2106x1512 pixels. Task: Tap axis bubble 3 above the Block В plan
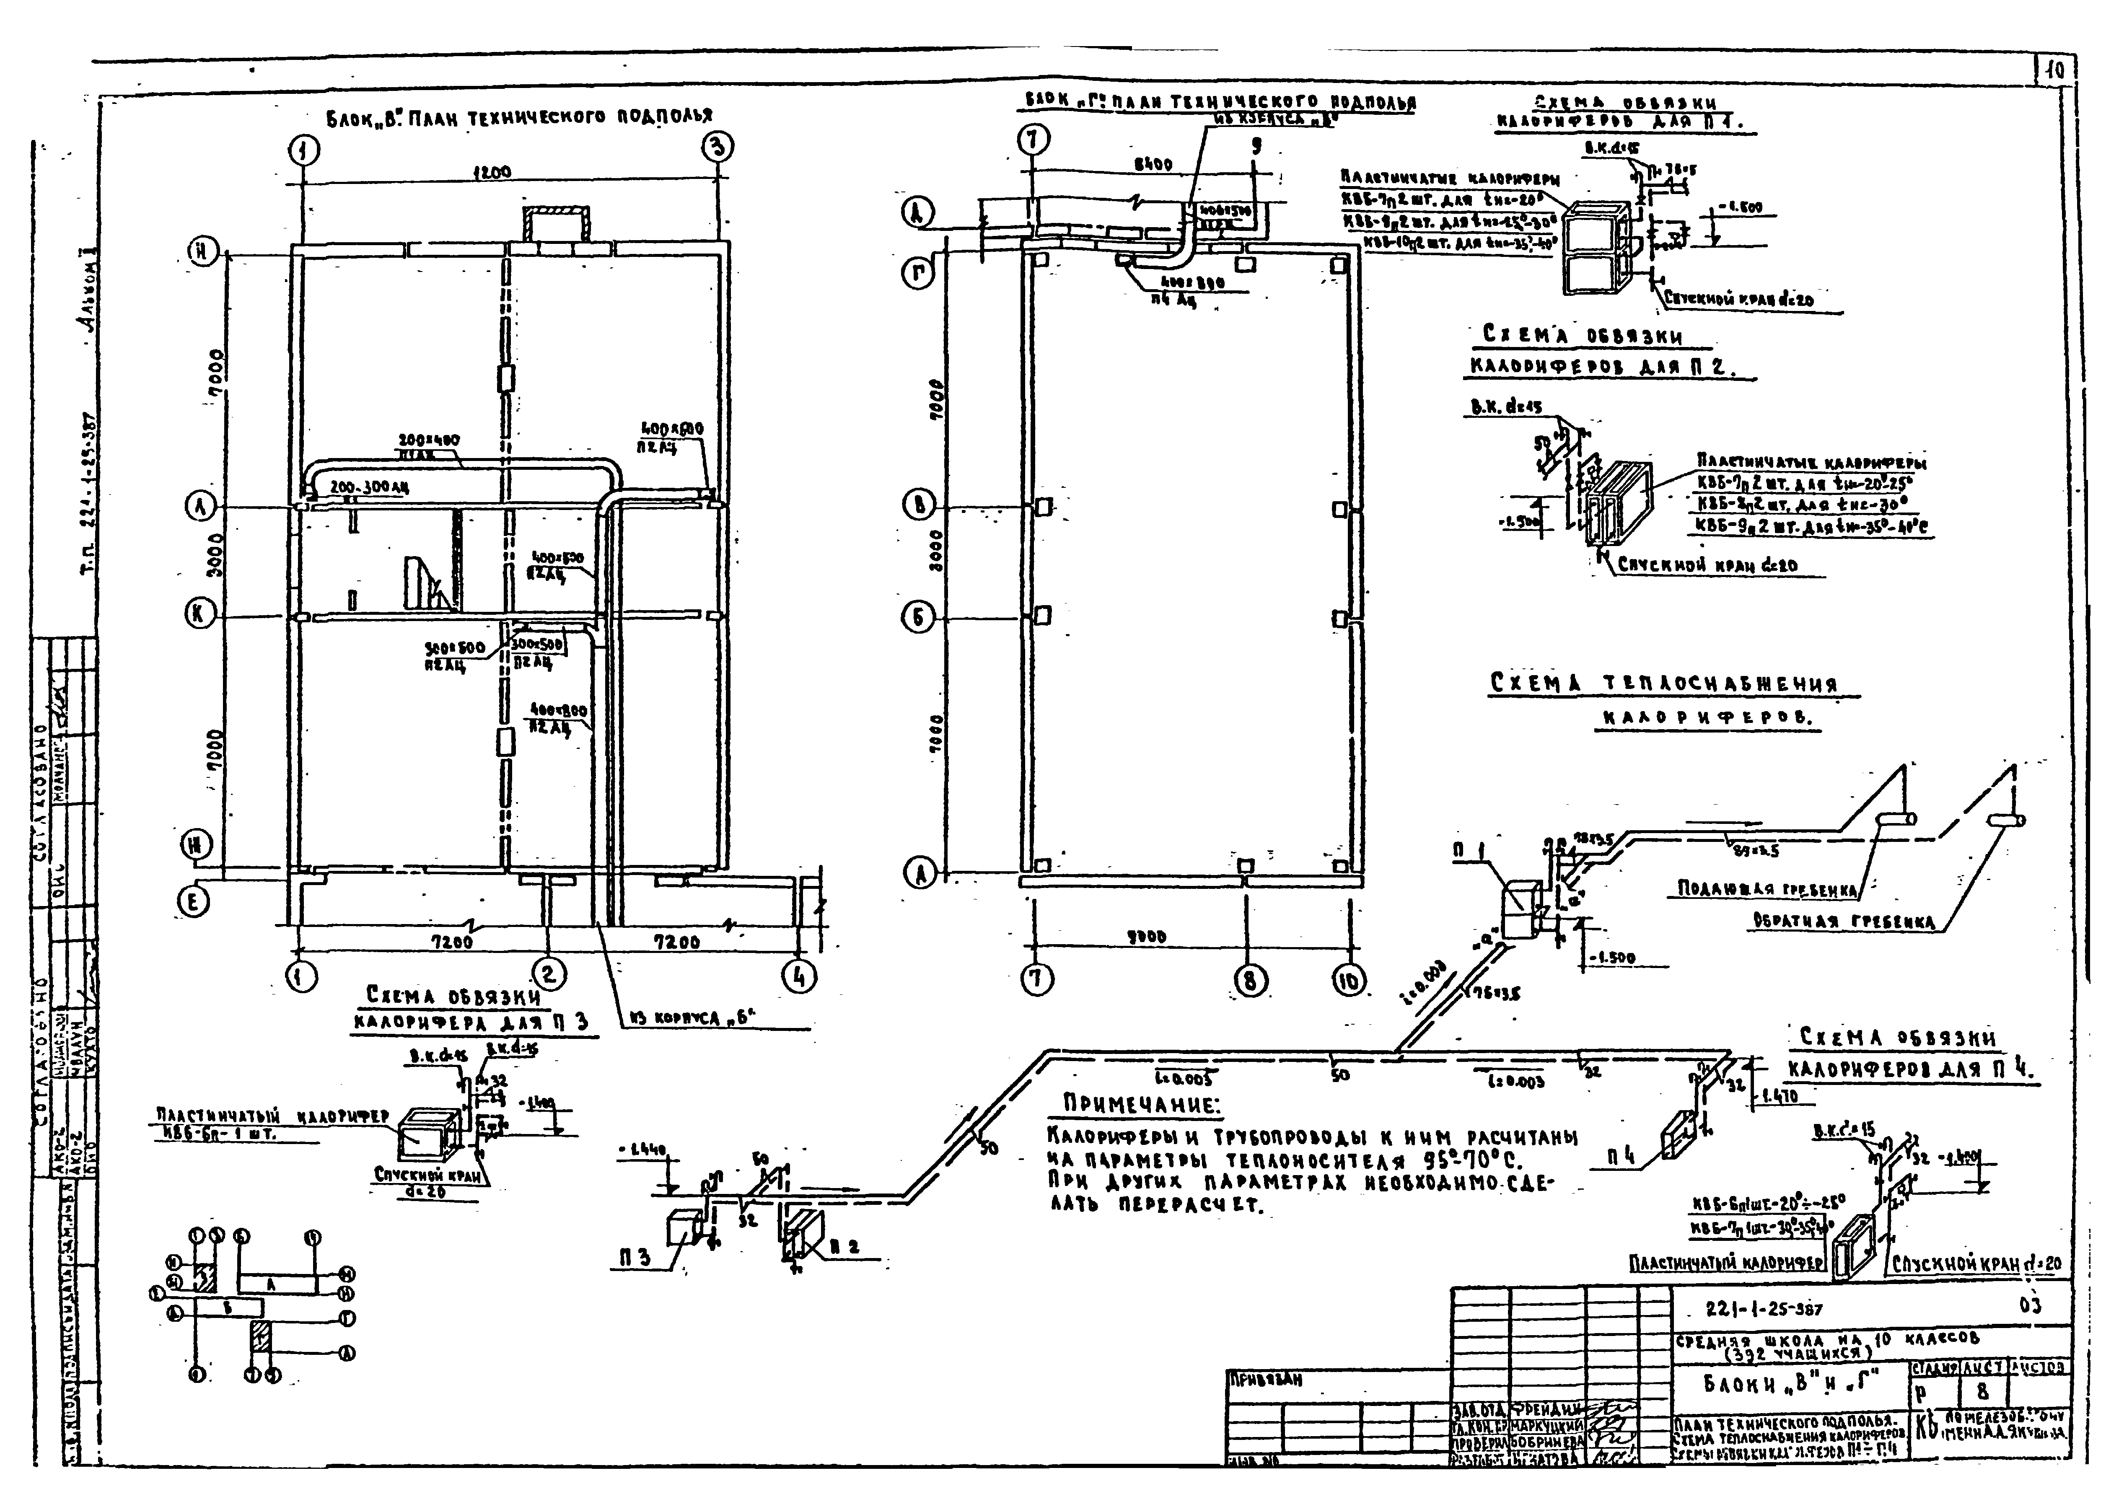(718, 147)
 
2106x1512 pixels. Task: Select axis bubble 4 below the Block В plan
(800, 976)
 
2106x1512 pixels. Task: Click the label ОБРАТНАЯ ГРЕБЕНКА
(1843, 921)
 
